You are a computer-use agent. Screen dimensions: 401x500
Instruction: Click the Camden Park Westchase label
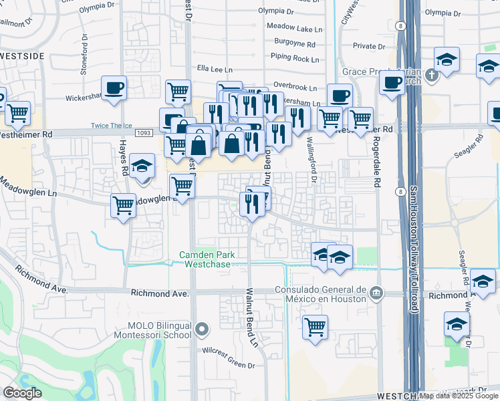tap(204, 259)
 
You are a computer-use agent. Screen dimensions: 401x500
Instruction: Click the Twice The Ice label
tap(110, 126)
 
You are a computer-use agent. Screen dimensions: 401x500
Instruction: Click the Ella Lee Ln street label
tap(215, 69)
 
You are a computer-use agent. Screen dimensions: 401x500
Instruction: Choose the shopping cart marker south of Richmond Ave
tap(315, 327)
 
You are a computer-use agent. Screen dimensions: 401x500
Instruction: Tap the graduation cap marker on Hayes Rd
tap(142, 166)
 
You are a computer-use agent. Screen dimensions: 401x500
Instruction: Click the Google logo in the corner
tap(22, 393)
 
